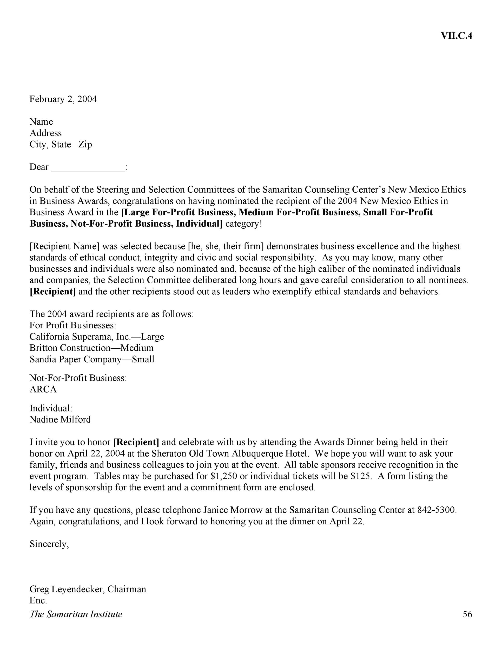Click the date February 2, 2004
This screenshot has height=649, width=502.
point(63,99)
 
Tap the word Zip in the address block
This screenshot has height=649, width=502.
point(85,144)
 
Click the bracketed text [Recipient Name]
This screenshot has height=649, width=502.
point(64,246)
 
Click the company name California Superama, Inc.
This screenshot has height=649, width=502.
point(80,337)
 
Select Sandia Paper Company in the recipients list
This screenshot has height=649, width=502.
point(76,359)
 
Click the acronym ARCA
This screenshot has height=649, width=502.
point(43,390)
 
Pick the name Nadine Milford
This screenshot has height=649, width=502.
point(60,420)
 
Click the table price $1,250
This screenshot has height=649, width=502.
point(223,476)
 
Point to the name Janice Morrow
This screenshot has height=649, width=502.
point(233,510)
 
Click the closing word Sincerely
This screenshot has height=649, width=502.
point(49,544)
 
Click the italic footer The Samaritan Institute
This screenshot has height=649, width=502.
point(76,614)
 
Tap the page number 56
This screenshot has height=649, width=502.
point(467,614)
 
